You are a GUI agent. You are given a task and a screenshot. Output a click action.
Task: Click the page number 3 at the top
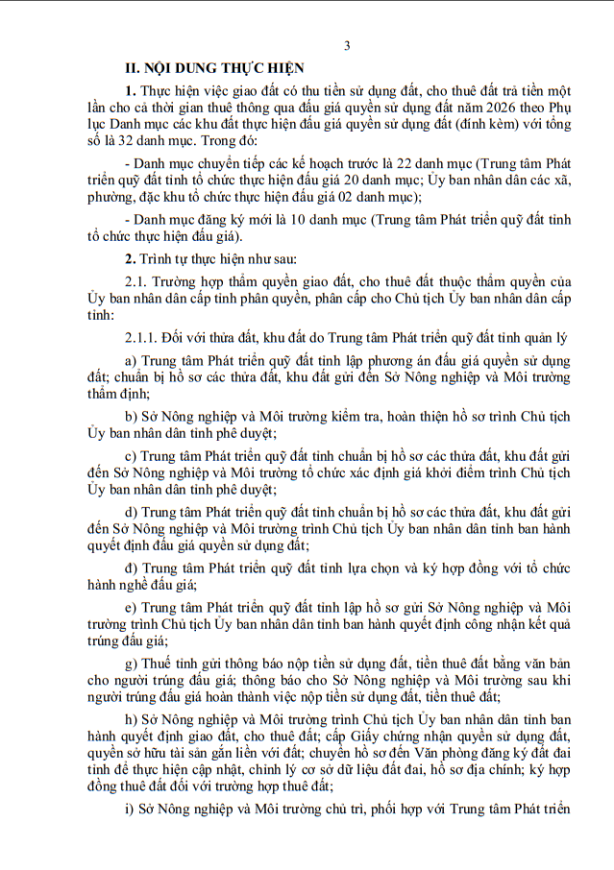point(346,45)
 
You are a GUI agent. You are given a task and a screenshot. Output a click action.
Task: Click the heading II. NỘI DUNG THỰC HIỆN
point(217,68)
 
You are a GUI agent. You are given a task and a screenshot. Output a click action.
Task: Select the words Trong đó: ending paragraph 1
point(221,138)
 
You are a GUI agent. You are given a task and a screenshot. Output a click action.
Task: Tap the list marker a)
point(131,360)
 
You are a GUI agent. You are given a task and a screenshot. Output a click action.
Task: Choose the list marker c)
point(131,455)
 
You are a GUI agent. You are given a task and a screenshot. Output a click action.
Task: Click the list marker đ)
point(131,566)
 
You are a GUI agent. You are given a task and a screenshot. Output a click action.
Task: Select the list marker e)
point(131,607)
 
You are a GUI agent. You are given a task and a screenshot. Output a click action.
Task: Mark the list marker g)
point(131,664)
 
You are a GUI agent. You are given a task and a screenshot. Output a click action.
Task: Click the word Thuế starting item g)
point(157,664)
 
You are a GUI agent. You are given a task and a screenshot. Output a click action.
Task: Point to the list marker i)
point(130,808)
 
